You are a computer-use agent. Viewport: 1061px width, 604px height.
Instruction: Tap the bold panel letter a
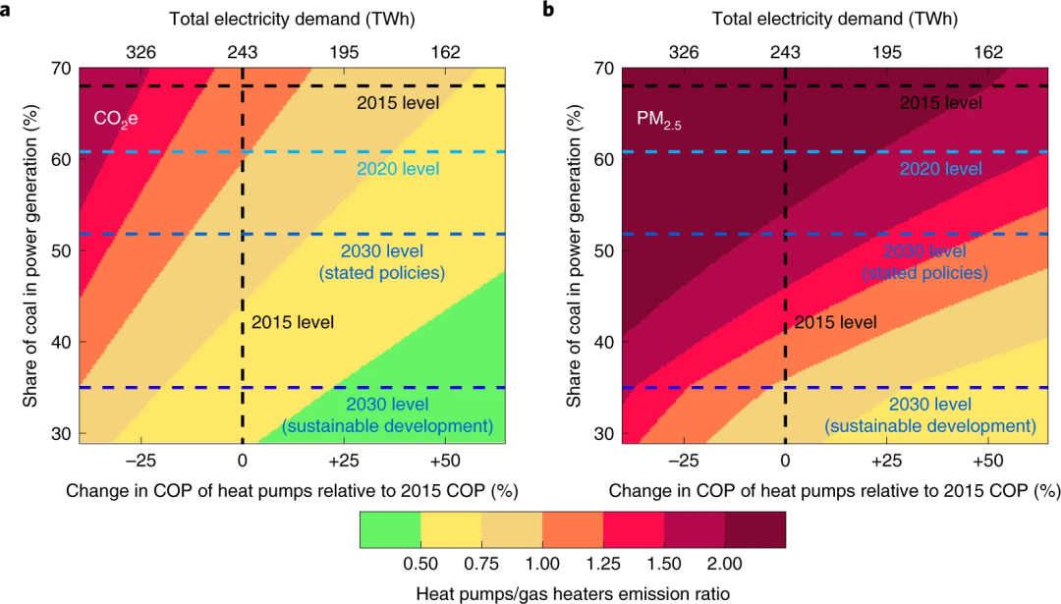[7, 10]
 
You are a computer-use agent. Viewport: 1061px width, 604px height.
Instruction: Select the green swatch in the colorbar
[390, 529]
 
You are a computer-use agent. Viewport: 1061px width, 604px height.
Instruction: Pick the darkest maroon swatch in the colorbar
[755, 529]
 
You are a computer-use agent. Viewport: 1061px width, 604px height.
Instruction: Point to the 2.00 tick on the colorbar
[725, 563]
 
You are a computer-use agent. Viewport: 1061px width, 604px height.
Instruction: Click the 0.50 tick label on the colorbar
[420, 563]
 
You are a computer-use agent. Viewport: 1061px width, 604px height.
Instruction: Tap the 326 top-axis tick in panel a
[140, 52]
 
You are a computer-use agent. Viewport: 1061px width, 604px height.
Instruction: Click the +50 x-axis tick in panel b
[987, 461]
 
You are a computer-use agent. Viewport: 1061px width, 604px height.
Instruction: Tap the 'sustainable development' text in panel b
[929, 425]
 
